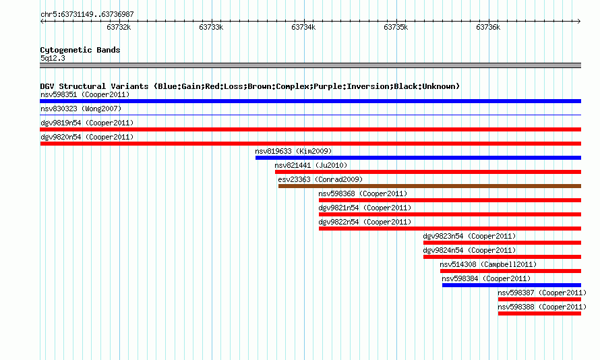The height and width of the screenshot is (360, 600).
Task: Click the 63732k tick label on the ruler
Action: tap(119, 27)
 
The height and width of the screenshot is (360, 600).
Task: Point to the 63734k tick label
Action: tap(303, 27)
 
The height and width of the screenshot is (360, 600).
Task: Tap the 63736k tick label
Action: tap(488, 27)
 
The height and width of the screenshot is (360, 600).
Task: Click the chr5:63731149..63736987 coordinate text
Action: tap(87, 15)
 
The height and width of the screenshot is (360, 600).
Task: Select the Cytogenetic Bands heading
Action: tap(80, 50)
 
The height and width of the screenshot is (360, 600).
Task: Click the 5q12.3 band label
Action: tap(53, 58)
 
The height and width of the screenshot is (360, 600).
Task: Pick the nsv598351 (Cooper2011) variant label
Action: tap(85, 94)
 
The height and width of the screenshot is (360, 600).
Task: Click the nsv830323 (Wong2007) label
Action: tap(81, 109)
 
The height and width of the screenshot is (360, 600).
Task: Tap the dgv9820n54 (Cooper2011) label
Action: tap(87, 137)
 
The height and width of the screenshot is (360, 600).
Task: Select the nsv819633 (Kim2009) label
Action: tap(293, 151)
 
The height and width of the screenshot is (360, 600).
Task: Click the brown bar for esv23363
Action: tap(429, 186)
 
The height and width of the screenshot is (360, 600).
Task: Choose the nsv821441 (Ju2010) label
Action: tap(311, 165)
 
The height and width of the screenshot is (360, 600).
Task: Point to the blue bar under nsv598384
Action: tap(512, 285)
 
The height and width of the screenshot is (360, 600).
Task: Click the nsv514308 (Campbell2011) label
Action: tap(488, 264)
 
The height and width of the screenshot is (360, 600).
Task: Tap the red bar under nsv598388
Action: tap(539, 313)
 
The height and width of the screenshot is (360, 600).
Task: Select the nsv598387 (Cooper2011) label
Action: tap(542, 293)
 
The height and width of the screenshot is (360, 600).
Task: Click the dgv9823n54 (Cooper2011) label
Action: tap(469, 236)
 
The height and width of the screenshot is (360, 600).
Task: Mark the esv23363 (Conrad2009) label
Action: tap(320, 179)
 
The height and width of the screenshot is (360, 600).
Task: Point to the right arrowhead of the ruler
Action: tap(579, 22)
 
